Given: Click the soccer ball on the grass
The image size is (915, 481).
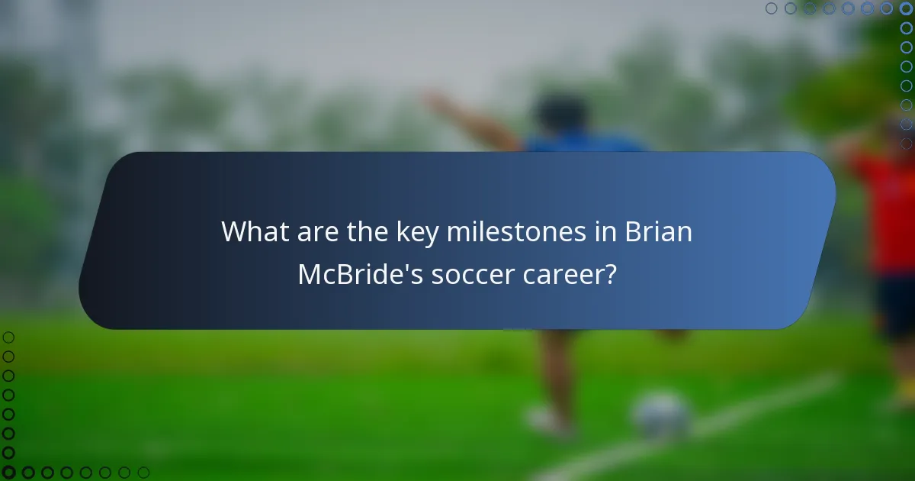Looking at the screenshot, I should click(661, 416).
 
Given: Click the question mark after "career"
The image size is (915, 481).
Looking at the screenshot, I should click(611, 274).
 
